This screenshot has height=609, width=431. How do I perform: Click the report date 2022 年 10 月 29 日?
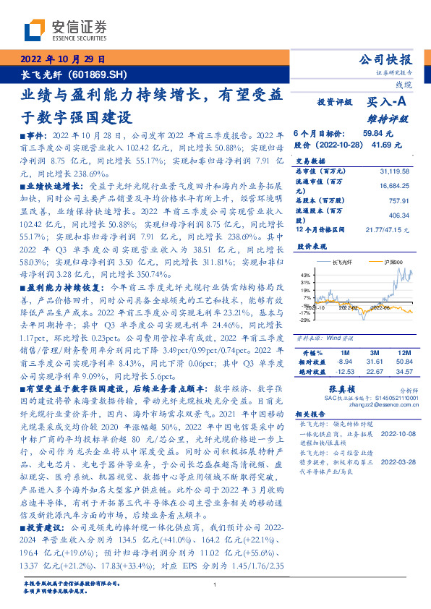point(63,59)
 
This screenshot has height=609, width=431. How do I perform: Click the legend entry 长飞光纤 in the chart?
point(343,261)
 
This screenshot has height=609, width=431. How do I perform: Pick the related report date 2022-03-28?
point(396,461)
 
